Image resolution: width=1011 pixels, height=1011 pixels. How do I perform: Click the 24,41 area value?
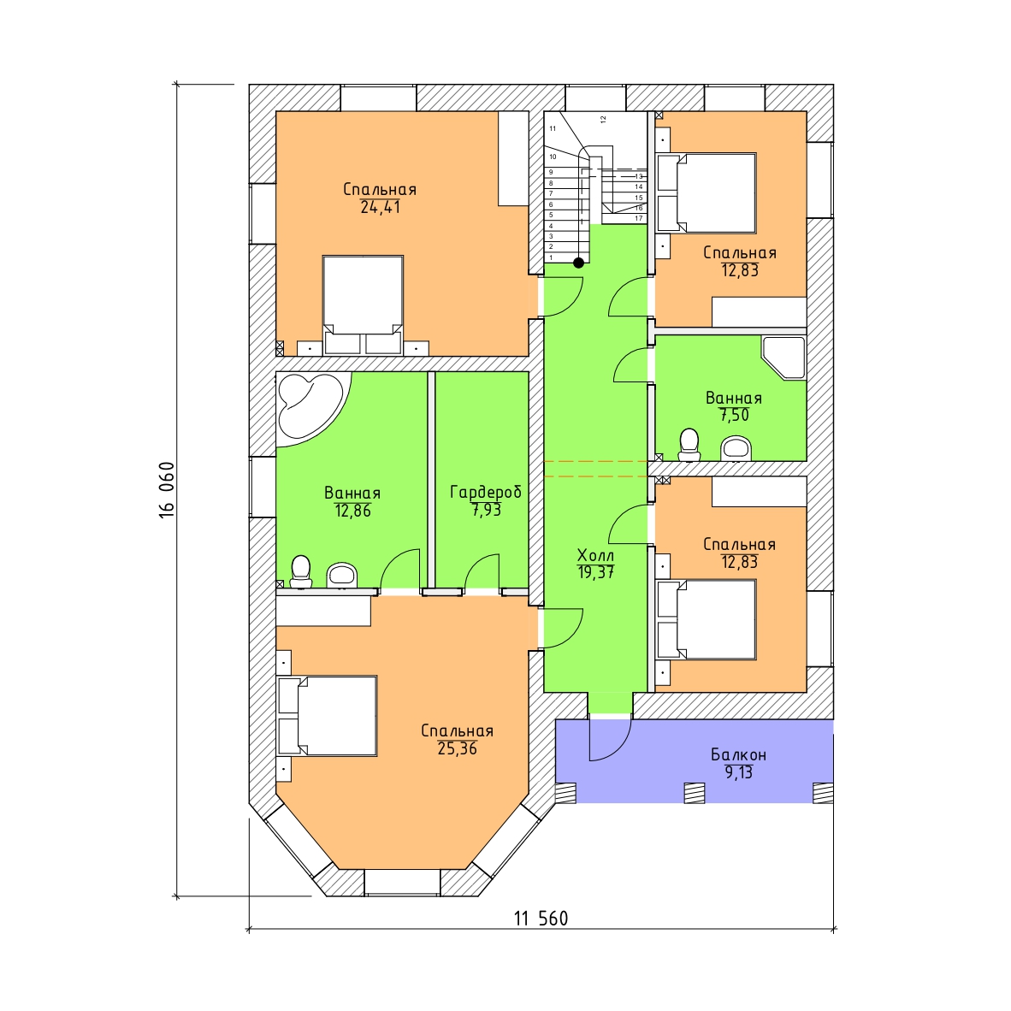tap(380, 207)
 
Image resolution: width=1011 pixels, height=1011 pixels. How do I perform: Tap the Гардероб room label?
tap(486, 492)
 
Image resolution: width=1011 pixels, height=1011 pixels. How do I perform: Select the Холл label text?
tap(595, 555)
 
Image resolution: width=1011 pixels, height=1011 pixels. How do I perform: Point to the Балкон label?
tap(738, 754)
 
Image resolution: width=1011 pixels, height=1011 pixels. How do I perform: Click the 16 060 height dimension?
tap(166, 489)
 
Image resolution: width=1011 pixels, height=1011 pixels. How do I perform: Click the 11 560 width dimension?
tap(541, 918)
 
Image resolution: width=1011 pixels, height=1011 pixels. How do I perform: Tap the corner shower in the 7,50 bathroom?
tap(783, 357)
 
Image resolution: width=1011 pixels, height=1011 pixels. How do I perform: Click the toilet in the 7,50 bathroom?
tap(689, 445)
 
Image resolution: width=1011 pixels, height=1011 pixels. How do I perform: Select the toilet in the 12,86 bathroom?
tap(300, 572)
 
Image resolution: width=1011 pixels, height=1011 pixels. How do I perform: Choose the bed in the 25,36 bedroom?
tap(327, 715)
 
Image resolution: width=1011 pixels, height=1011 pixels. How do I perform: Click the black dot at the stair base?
tap(579, 263)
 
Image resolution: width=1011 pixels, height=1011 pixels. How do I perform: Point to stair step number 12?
tap(603, 119)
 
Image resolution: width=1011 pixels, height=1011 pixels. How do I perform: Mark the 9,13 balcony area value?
tap(739, 772)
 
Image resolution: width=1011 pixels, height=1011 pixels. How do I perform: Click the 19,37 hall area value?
tap(596, 572)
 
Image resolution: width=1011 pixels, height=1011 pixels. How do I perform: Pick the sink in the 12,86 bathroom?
tap(342, 575)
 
